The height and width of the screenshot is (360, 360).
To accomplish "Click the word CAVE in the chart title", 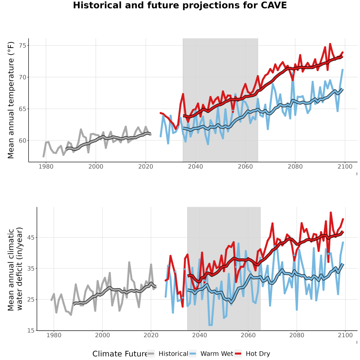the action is click(x=274, y=5).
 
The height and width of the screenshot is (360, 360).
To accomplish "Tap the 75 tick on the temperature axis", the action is click(x=23, y=46).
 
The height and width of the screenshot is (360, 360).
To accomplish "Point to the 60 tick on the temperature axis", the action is click(x=23, y=140).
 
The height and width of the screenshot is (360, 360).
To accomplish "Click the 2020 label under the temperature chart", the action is click(x=146, y=166).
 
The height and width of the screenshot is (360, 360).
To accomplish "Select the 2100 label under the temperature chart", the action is click(x=345, y=166).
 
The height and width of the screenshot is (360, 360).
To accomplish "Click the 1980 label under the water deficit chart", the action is click(x=54, y=335).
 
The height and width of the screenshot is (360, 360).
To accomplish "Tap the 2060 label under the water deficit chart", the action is click(x=248, y=335).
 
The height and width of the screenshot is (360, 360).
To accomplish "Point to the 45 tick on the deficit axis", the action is click(x=31, y=237).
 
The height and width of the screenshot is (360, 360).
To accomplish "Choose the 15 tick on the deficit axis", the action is click(x=31, y=331).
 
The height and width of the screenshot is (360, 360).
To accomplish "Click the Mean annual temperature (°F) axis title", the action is click(x=11, y=100).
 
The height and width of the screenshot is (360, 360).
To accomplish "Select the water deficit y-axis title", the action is click(x=15, y=269).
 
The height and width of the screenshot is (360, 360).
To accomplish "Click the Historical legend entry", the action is click(x=173, y=354).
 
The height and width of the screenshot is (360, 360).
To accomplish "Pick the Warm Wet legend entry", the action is click(x=217, y=354).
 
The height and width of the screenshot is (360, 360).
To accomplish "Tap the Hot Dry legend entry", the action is click(x=258, y=354).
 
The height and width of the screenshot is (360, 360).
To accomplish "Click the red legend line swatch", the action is click(x=238, y=354).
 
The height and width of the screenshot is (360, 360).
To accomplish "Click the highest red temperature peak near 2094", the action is click(x=330, y=44).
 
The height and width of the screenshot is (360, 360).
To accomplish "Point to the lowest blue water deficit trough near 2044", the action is click(x=210, y=325).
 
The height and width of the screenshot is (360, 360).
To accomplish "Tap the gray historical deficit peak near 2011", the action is click(x=129, y=262).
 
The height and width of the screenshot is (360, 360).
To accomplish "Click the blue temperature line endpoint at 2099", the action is click(x=342, y=70).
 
